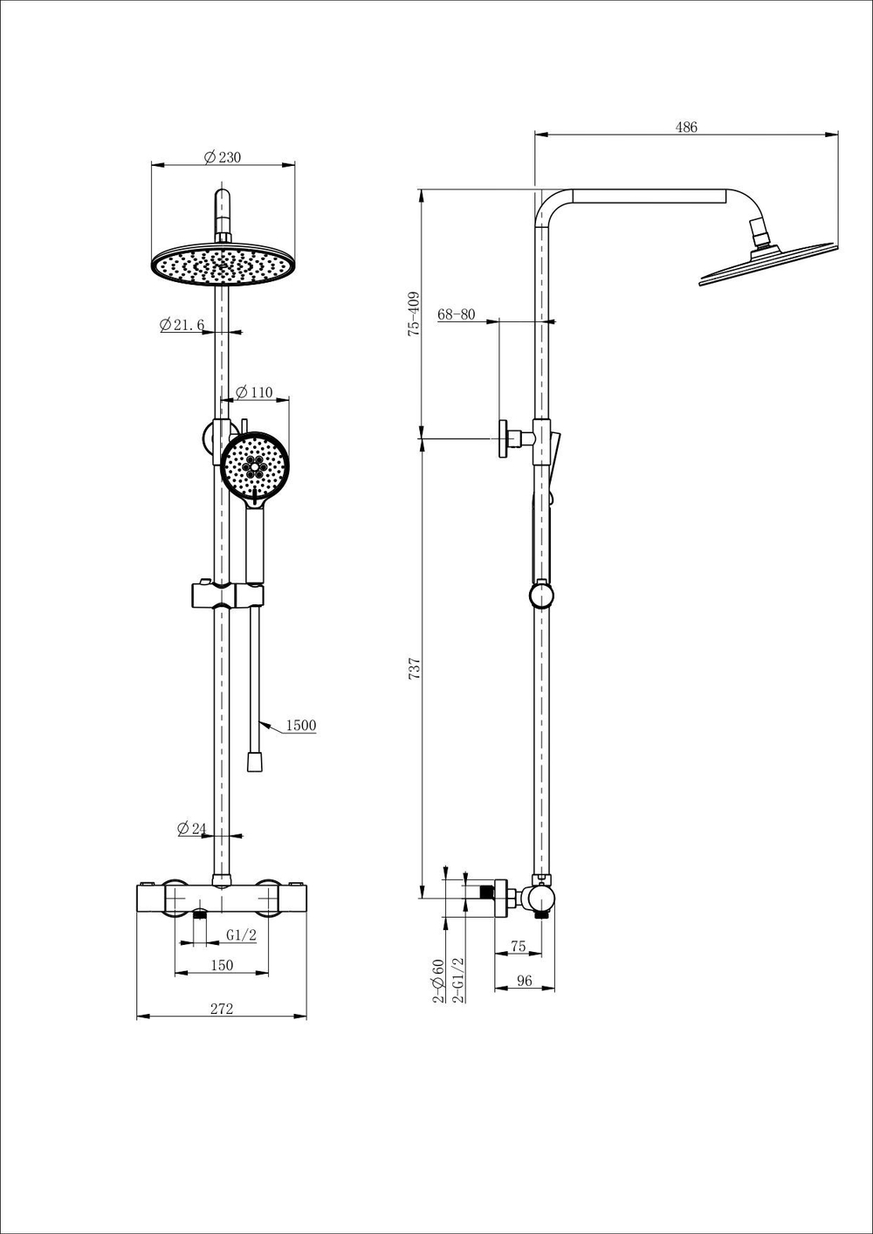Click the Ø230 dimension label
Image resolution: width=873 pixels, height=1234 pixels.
click(222, 157)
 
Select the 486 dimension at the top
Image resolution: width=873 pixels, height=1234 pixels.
click(686, 127)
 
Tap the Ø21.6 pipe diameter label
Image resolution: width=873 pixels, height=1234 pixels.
click(182, 325)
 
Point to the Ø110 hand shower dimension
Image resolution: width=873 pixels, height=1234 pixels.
click(254, 392)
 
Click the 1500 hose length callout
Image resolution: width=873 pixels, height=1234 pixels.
click(301, 725)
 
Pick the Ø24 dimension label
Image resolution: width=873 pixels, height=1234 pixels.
click(191, 828)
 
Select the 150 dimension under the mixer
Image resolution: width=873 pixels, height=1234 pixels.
click(222, 965)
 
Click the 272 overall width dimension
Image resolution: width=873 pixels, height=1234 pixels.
click(222, 1009)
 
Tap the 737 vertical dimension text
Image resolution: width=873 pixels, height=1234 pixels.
click(416, 669)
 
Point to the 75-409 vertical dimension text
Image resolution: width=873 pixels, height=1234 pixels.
click(416, 314)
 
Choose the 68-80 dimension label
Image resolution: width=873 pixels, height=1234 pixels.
click(456, 314)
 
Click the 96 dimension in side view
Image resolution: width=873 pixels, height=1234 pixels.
click(524, 981)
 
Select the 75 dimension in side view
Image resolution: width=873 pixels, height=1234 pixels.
click(518, 947)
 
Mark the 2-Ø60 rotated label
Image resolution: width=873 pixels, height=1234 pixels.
click(438, 980)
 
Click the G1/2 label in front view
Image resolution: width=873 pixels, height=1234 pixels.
click(241, 935)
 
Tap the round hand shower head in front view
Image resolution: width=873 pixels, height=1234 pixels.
click(255, 465)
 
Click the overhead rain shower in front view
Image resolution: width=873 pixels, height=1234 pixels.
click(222, 265)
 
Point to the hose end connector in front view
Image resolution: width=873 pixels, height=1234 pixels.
click(255, 762)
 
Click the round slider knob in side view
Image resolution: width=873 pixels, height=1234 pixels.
click(541, 596)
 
